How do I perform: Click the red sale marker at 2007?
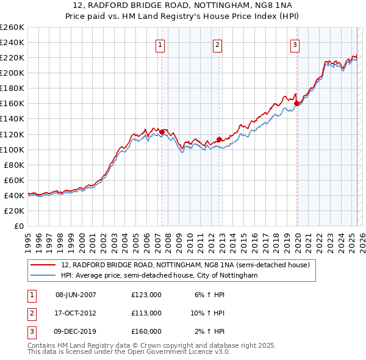tap(162, 131)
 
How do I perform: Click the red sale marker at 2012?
tap(219, 139)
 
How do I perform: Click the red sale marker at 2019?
tap(297, 103)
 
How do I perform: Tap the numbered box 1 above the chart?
tap(159, 44)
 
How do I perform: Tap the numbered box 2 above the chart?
tap(217, 44)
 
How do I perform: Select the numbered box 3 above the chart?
tap(295, 44)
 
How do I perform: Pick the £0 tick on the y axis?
tap(20, 226)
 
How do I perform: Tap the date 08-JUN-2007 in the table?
tap(76, 295)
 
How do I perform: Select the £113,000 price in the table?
tap(146, 313)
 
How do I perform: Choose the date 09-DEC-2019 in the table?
tap(76, 331)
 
